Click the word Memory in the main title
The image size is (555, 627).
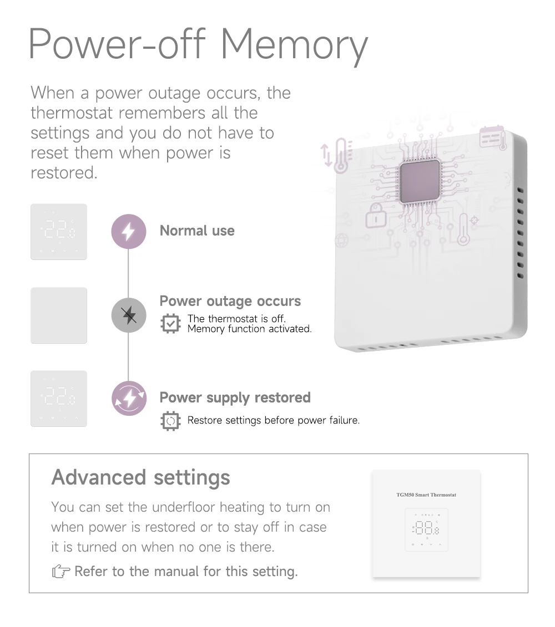click(294, 45)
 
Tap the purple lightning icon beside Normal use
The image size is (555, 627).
click(129, 232)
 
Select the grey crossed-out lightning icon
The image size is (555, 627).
click(129, 315)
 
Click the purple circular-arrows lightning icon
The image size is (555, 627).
click(129, 398)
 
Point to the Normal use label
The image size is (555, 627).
click(197, 231)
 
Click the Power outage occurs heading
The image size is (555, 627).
click(230, 301)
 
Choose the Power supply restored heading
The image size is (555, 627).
click(235, 397)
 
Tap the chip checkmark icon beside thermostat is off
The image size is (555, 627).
click(170, 324)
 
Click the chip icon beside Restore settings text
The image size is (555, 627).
click(170, 421)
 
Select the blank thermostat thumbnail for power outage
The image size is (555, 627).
click(59, 315)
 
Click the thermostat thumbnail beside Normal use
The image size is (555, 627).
click(59, 232)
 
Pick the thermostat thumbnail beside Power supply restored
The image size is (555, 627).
click(59, 399)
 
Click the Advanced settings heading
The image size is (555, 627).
click(140, 477)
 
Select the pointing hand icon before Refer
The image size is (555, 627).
click(61, 572)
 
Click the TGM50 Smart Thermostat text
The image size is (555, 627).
click(426, 495)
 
